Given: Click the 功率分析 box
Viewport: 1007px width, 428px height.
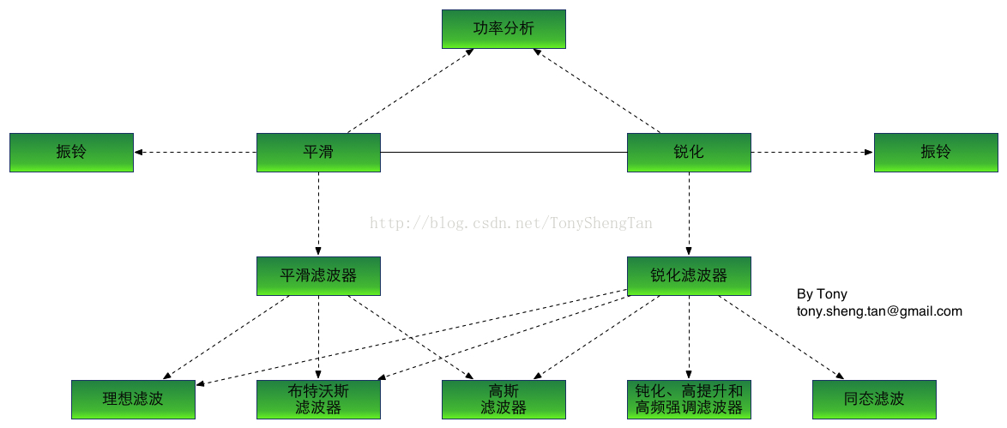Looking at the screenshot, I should click(503, 28).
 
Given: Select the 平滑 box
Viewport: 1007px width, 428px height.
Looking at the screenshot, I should click(318, 152).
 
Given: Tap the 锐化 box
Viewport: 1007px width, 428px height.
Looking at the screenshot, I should click(689, 152).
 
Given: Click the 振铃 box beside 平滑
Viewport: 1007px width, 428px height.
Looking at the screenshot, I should click(71, 152).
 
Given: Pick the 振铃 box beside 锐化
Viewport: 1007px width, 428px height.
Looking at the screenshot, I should click(936, 152).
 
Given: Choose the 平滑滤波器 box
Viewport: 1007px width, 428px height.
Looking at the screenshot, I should click(318, 275).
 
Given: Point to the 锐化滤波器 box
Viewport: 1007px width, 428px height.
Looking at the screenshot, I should click(689, 275).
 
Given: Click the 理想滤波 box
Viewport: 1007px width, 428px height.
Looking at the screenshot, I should click(133, 399).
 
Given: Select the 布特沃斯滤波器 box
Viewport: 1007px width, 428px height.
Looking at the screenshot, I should click(318, 399).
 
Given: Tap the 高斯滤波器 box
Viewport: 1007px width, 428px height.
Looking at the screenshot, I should click(503, 399).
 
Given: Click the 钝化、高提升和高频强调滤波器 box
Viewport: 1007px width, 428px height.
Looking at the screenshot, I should click(689, 399).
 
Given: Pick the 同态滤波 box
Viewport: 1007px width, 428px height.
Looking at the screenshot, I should click(874, 399).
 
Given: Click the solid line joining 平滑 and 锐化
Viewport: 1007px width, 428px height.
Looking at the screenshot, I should click(503, 153).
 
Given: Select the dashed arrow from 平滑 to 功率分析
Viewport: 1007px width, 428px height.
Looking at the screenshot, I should click(410, 91).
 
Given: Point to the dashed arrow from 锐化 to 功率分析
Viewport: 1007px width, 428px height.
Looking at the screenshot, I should click(597, 91).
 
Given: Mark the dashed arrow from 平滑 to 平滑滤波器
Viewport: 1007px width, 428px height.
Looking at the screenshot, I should click(318, 214).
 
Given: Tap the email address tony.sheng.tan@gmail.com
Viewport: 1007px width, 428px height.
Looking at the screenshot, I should click(879, 311).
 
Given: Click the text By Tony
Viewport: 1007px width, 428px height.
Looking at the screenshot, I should click(822, 294).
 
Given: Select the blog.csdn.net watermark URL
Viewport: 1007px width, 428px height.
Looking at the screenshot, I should click(510, 224).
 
